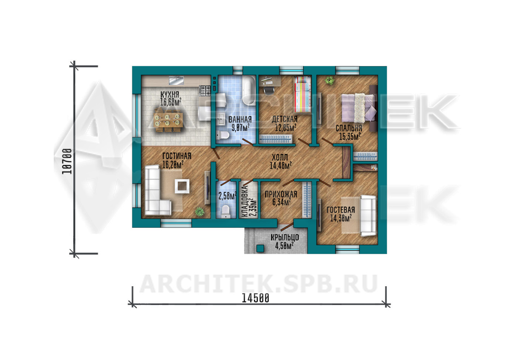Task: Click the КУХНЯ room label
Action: [170, 95]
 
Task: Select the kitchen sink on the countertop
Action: [176, 81]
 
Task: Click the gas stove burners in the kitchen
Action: [205, 91]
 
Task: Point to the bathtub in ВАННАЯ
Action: [249, 90]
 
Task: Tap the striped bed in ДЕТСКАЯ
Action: [302, 95]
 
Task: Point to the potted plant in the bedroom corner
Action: [329, 80]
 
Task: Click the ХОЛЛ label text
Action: [280, 158]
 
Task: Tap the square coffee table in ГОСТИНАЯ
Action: [182, 186]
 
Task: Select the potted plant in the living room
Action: [199, 211]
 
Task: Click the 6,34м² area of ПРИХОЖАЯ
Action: [281, 202]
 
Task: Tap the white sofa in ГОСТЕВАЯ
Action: [368, 216]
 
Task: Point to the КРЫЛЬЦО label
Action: [285, 237]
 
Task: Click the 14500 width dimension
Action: [256, 298]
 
